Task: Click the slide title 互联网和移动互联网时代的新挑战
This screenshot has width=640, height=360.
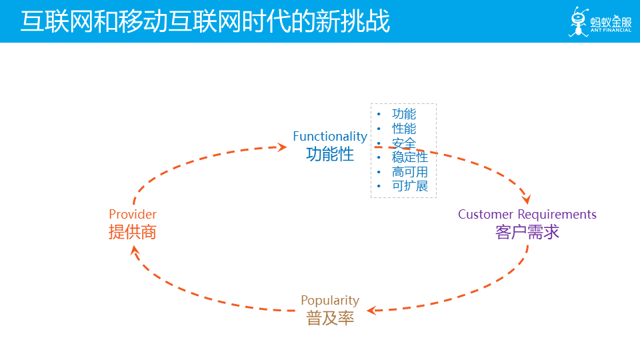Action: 205,21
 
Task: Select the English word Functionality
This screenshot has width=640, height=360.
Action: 330,136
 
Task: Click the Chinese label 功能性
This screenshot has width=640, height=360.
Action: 330,154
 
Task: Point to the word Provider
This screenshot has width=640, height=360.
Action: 133,214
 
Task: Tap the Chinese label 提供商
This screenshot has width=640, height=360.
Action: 133,232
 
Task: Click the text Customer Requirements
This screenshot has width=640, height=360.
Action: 527,214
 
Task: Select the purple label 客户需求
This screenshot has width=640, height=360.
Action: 527,232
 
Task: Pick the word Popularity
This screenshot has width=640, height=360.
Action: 329,300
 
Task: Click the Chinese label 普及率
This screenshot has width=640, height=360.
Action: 329,318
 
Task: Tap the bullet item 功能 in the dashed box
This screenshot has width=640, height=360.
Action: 404,114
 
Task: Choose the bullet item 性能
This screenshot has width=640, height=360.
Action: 404,129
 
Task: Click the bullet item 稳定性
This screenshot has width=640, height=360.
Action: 409,157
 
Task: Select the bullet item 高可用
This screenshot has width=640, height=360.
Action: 409,171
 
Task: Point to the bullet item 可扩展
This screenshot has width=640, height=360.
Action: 409,186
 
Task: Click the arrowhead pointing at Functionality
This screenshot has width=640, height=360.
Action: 283,147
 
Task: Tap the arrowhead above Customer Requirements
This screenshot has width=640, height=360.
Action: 527,199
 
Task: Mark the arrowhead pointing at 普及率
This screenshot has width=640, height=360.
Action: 371,310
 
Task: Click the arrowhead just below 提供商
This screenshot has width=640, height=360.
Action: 134,250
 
